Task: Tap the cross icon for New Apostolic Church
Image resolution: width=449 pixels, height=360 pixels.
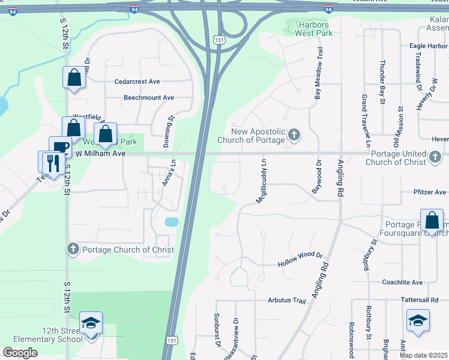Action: click(294, 134)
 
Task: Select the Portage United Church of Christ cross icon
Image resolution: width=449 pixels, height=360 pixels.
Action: click(435, 158)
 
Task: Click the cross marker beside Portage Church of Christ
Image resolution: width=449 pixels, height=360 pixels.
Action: click(73, 249)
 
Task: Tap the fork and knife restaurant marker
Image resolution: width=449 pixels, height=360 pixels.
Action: click(51, 162)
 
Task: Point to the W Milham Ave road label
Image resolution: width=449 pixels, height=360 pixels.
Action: click(99, 154)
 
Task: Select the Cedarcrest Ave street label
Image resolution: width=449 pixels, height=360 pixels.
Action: click(137, 82)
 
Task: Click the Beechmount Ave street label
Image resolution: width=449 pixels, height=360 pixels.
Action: click(148, 98)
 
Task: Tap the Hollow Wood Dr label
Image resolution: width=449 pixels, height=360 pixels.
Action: click(300, 260)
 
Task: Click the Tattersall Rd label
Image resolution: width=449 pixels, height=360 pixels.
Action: click(424, 299)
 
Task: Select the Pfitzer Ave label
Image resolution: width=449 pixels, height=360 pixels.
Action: click(430, 193)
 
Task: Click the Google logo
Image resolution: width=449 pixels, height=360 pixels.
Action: click(20, 353)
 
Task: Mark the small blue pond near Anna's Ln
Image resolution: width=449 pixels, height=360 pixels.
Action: click(172, 222)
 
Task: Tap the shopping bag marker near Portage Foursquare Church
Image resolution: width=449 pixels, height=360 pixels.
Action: click(432, 221)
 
